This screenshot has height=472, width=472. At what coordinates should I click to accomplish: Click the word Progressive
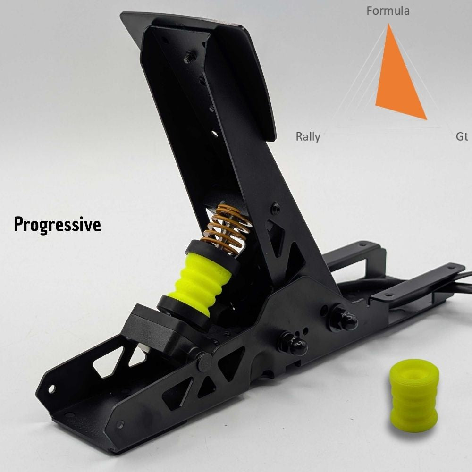tap(58, 224)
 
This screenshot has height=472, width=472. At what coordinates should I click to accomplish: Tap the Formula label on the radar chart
tap(388, 10)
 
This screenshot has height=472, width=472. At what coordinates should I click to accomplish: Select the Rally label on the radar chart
tap(308, 137)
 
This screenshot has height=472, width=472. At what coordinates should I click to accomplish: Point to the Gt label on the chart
tap(462, 137)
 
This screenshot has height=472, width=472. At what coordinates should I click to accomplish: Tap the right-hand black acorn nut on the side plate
tap(344, 320)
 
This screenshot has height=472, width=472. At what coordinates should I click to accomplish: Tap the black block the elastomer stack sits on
tap(156, 330)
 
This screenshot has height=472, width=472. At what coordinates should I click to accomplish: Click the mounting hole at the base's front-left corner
tap(52, 389)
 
